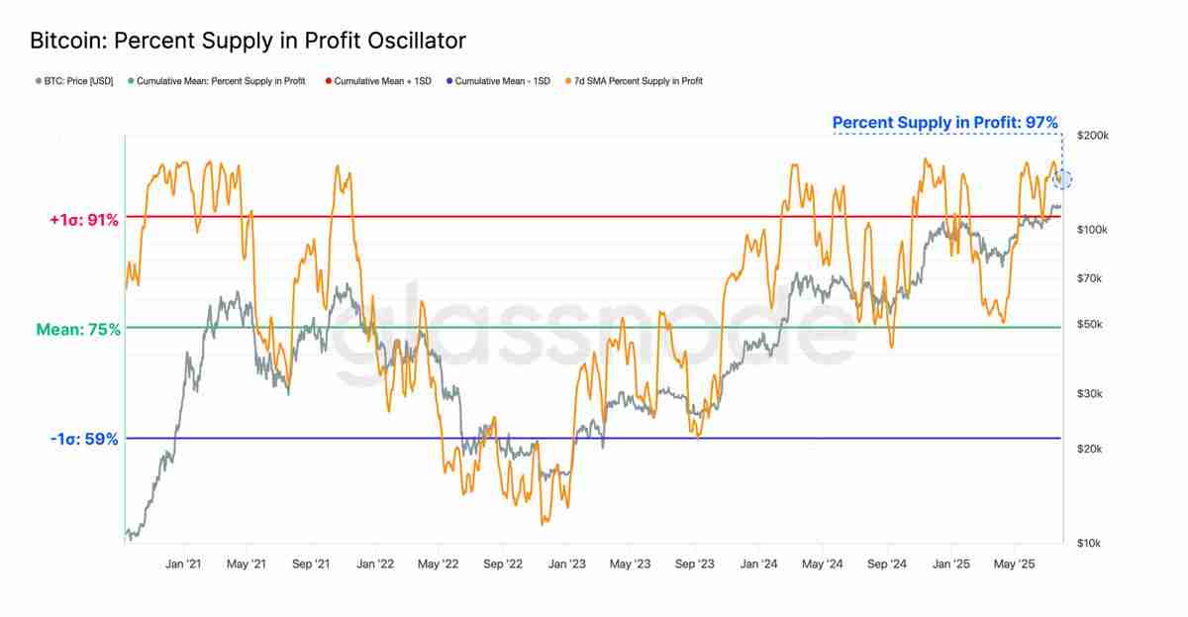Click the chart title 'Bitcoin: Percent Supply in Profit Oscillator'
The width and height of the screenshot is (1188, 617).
click(247, 41)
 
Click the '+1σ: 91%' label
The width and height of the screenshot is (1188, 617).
click(83, 221)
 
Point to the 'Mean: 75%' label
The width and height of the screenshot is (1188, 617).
click(78, 330)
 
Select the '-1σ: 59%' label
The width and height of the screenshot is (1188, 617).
click(83, 439)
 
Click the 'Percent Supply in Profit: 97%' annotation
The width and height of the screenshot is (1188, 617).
click(944, 123)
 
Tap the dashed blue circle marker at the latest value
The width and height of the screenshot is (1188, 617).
click(1063, 179)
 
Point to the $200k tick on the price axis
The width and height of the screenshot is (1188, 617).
click(1092, 136)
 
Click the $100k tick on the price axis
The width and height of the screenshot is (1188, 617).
click(1092, 230)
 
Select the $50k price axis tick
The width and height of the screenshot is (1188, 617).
click(1089, 325)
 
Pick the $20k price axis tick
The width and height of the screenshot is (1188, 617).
click(1089, 450)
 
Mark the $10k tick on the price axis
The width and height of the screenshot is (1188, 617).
click(1089, 544)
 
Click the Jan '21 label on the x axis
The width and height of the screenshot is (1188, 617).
click(183, 565)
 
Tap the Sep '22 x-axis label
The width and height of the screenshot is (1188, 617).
click(503, 565)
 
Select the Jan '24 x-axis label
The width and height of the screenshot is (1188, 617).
click(758, 565)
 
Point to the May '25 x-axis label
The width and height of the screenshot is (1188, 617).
click(1014, 565)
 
